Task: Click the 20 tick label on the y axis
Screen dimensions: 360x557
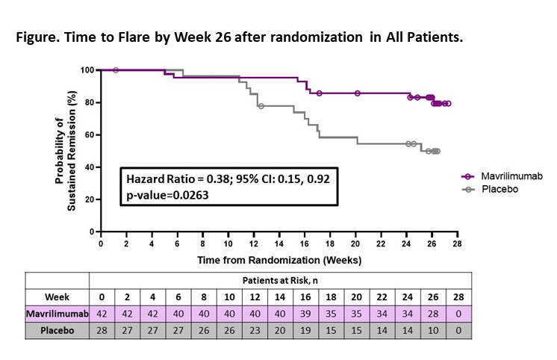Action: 87,199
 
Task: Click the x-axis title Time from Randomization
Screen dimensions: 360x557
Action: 279,260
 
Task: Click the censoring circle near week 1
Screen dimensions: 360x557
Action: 115,69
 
